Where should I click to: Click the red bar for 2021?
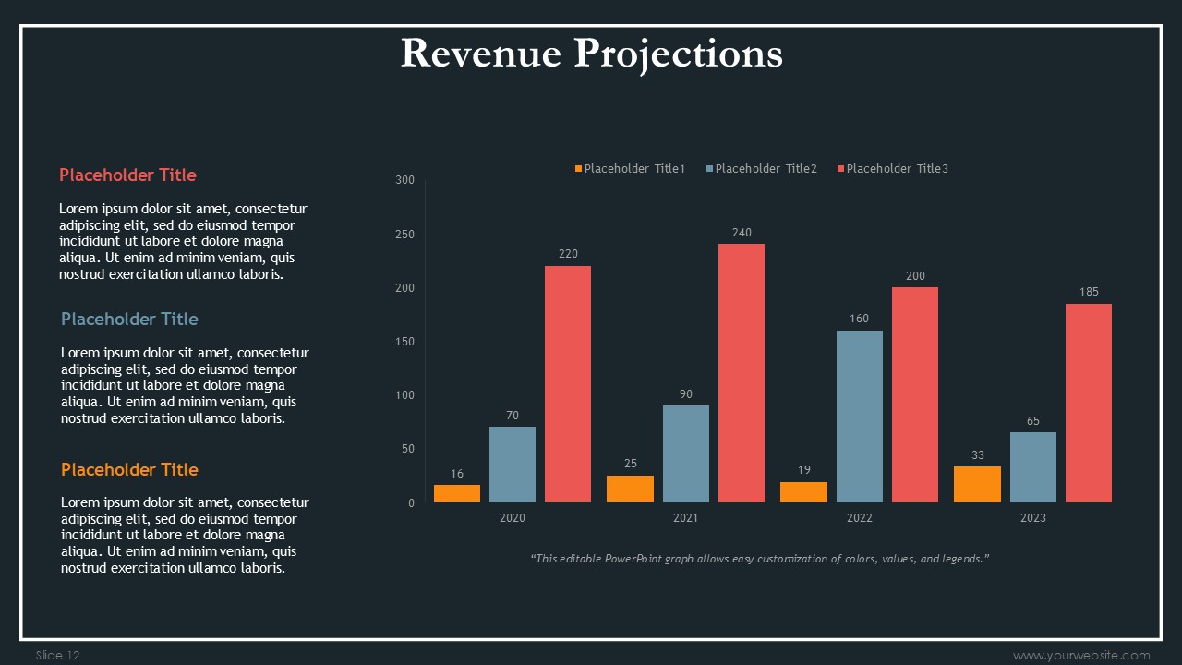(x=742, y=373)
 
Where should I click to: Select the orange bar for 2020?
(x=457, y=493)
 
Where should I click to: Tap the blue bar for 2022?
(x=859, y=417)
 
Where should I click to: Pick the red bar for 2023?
(x=1089, y=403)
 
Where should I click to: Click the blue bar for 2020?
(x=513, y=465)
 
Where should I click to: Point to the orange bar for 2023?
(x=977, y=484)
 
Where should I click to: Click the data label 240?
(x=742, y=233)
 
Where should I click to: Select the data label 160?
(x=859, y=320)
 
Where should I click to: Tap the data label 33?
(x=977, y=455)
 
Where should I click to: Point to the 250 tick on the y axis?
(x=404, y=235)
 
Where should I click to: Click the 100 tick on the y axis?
(x=404, y=395)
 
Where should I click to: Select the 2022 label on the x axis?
(x=859, y=518)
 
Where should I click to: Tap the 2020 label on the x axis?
(x=513, y=518)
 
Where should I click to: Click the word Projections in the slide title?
(x=678, y=54)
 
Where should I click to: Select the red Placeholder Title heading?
(x=127, y=175)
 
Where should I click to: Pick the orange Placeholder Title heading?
(x=129, y=470)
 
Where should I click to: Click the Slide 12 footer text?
(x=58, y=656)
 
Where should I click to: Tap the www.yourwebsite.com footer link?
(x=1081, y=656)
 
